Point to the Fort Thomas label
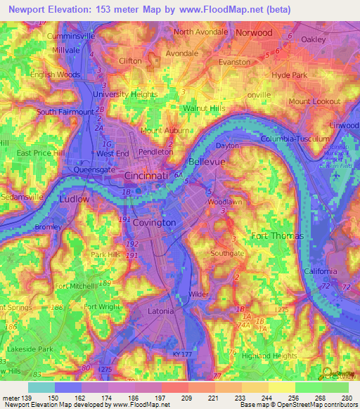(x=277, y=235)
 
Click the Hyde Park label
(x=290, y=74)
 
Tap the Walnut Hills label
(x=203, y=109)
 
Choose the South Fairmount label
(x=65, y=112)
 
